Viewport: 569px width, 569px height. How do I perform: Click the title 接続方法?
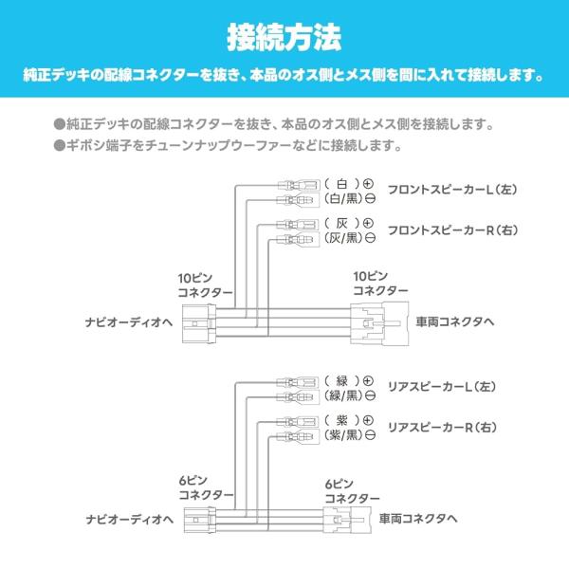click(x=284, y=38)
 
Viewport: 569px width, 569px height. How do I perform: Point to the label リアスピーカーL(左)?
click(x=442, y=388)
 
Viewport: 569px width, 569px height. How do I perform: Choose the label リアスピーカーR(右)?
click(x=443, y=428)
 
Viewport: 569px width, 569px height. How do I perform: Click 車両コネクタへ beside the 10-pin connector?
click(x=454, y=321)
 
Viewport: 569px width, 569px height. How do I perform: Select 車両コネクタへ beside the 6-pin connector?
click(x=418, y=519)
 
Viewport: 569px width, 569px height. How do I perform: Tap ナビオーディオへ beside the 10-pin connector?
click(x=127, y=321)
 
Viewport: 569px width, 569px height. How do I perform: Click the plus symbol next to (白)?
click(x=369, y=182)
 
